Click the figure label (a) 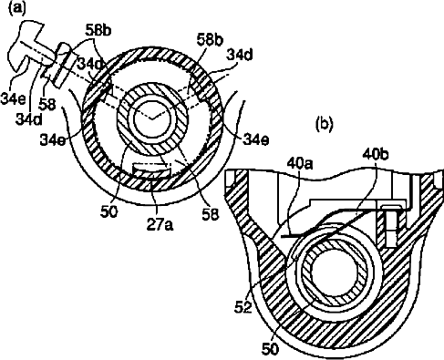17,7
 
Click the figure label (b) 325,124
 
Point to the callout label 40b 374,154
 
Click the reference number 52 243,308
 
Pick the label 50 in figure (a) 108,212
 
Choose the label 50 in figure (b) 269,349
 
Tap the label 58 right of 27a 211,214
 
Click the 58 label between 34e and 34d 47,104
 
